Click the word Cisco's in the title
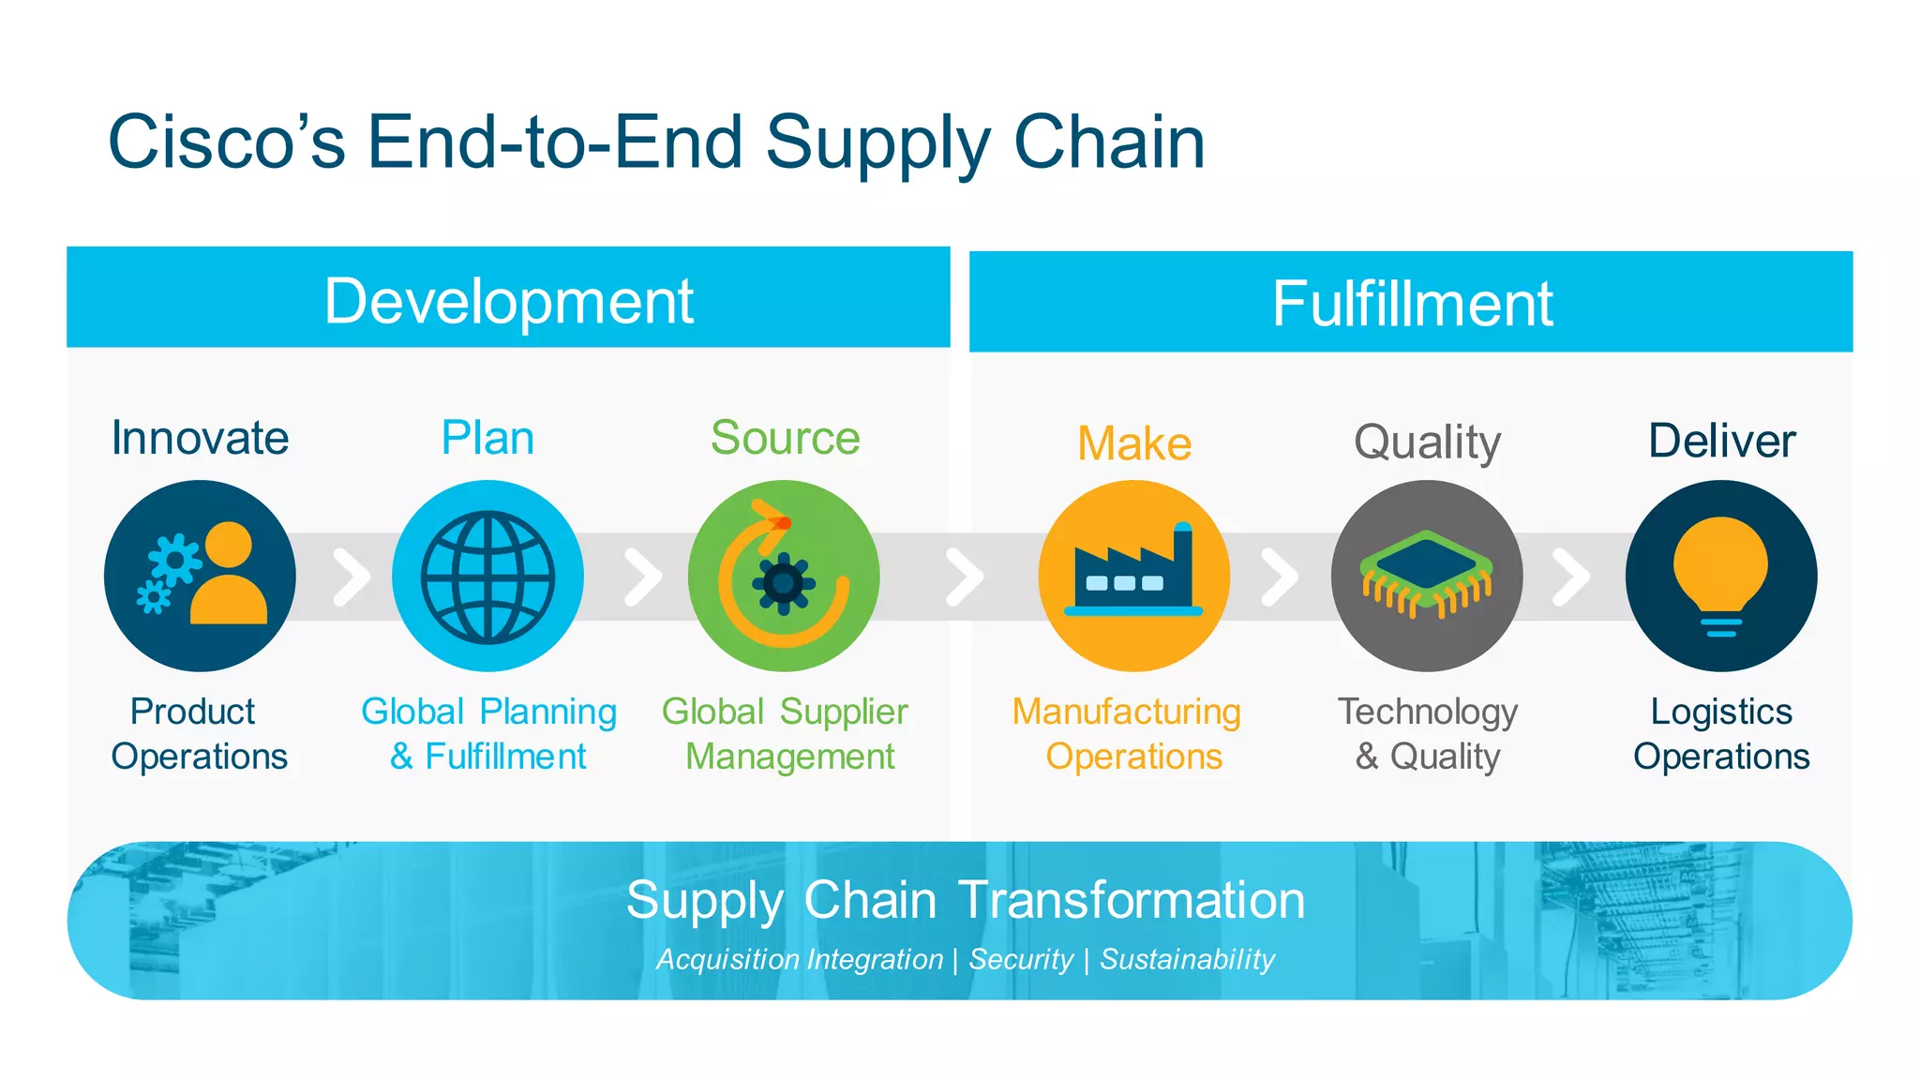click(x=227, y=142)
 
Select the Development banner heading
click(x=508, y=301)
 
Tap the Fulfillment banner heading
click(x=1411, y=304)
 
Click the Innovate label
click(x=200, y=438)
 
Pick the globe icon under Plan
click(x=487, y=577)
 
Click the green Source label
click(x=785, y=438)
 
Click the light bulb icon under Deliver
click(x=1720, y=574)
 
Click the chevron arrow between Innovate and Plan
click(x=351, y=577)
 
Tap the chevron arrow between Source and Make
click(x=964, y=577)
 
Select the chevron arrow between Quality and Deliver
click(x=1570, y=577)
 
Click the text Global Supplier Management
click(x=786, y=734)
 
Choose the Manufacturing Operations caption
click(x=1128, y=734)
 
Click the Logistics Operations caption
click(x=1720, y=734)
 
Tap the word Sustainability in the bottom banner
click(x=1187, y=959)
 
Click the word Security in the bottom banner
click(x=1021, y=959)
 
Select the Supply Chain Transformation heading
click(x=965, y=900)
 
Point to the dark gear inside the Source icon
click(x=783, y=584)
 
